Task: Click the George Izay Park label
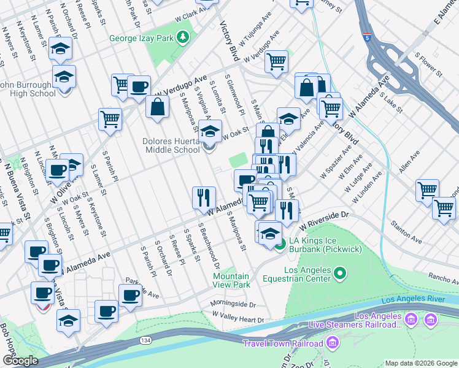pos(142,38)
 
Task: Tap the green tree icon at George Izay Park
pos(182,38)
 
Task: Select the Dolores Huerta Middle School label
pos(172,145)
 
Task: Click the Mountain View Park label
pos(231,280)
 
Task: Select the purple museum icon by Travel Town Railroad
pos(333,342)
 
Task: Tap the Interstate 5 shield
pos(366,37)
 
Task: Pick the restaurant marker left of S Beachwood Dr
pos(204,197)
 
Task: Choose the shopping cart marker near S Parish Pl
pos(110,119)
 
